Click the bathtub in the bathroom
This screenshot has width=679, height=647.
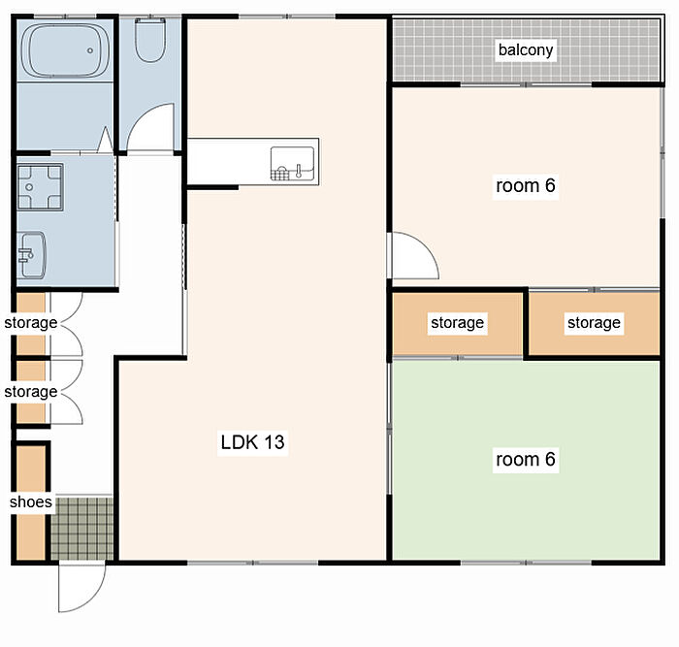(x=65, y=50)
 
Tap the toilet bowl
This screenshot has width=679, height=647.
(x=149, y=40)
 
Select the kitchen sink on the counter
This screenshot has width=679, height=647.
(x=292, y=163)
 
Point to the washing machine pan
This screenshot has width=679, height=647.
(x=41, y=186)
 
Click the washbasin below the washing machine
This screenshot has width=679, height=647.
(x=31, y=255)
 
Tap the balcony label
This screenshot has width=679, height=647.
(x=526, y=49)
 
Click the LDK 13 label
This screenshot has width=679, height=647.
(x=252, y=442)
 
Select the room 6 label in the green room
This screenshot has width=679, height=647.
(x=526, y=459)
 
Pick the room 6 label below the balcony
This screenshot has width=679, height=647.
(x=526, y=185)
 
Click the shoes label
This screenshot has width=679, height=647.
(x=31, y=501)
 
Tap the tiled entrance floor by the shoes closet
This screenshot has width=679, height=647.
(x=81, y=529)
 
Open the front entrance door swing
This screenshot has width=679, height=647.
(x=81, y=587)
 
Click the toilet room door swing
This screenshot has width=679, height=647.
(x=150, y=127)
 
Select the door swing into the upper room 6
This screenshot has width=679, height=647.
(x=415, y=255)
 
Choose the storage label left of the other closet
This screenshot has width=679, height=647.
(x=457, y=323)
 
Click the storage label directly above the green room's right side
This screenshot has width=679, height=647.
(x=594, y=323)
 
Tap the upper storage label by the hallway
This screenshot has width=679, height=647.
(x=31, y=323)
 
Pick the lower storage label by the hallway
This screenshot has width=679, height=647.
(x=31, y=392)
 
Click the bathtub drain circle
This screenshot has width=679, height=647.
(x=90, y=50)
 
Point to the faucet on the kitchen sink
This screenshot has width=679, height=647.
(x=299, y=171)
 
